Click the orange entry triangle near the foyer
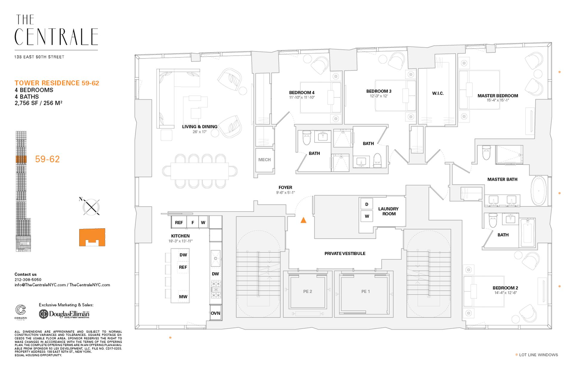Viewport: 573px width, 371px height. tap(303, 220)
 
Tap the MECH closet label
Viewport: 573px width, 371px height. tap(264, 160)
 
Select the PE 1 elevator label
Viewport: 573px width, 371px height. tap(365, 291)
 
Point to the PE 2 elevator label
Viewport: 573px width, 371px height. tap(307, 291)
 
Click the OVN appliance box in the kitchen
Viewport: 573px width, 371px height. tap(215, 313)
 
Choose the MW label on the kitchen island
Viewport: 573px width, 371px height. tap(183, 297)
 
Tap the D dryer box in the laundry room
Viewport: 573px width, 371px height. tap(367, 204)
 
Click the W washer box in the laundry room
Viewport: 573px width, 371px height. tap(367, 216)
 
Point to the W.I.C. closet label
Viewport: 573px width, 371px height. tap(438, 93)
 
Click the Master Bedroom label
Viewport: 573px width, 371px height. tap(497, 96)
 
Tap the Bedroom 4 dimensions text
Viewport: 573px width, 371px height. tap(301, 97)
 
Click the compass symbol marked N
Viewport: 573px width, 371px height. tap(91, 207)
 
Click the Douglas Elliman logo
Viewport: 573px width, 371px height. tap(64, 314)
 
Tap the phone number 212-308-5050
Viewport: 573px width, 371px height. tap(28, 280)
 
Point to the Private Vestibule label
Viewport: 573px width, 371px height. tap(345, 254)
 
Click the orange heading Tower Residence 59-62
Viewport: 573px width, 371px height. tap(57, 83)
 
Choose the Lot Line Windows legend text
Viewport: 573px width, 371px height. tap(538, 355)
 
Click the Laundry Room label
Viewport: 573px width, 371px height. tap(388, 211)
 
